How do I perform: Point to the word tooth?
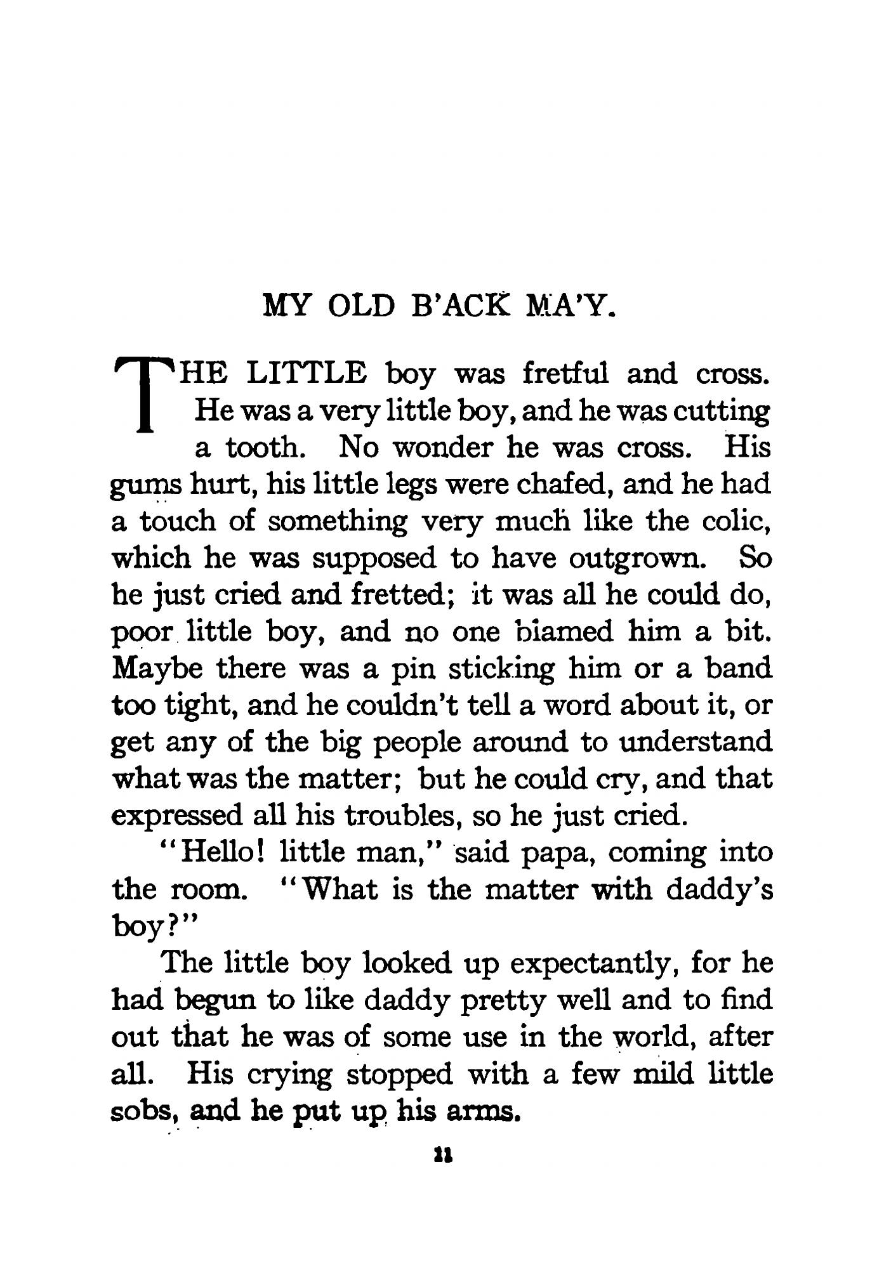coord(263,448)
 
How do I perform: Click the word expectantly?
coord(596,964)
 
